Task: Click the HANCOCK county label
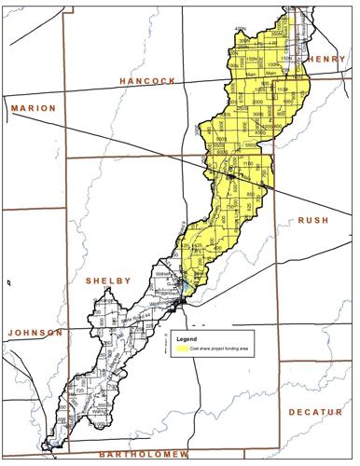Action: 148,82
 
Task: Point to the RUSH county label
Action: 314,219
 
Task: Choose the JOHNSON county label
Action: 34,333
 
